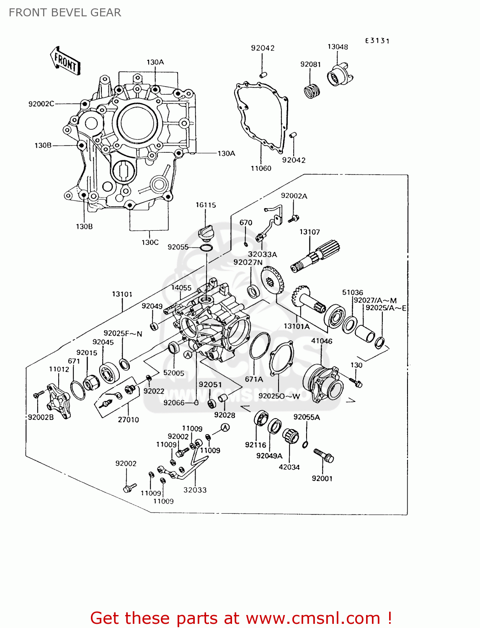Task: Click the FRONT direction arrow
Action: (x=65, y=61)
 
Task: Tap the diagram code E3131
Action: (x=377, y=41)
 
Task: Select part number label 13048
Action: (x=338, y=47)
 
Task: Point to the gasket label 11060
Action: (x=261, y=168)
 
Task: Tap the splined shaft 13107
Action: (x=315, y=257)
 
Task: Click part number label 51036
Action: (x=352, y=292)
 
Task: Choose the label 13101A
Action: (x=297, y=326)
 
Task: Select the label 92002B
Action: (x=41, y=417)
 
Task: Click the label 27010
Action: (x=128, y=420)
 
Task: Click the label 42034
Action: (x=289, y=467)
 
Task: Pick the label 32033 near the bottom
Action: (x=195, y=490)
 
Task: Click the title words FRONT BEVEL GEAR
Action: (x=65, y=13)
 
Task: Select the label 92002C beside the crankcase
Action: (x=41, y=104)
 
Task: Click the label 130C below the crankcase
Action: (x=150, y=242)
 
